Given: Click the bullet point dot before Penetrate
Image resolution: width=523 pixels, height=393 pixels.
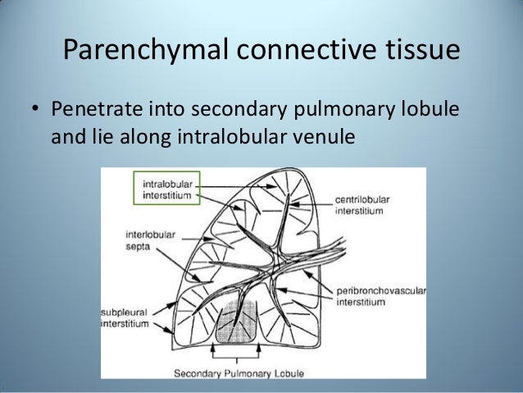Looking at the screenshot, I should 35,110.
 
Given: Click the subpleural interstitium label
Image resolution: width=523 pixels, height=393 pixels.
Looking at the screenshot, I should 125,318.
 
